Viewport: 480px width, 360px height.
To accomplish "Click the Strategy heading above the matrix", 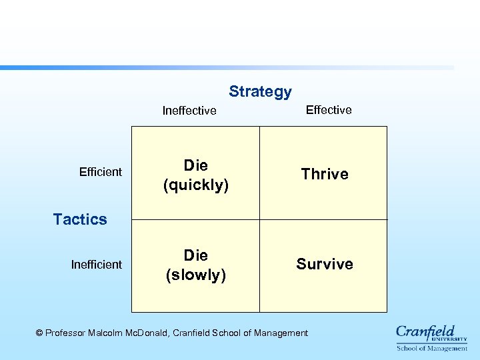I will [x=260, y=92].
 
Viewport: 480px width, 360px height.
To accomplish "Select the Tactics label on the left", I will [x=80, y=219].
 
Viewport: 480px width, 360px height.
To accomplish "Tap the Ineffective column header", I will [x=189, y=111].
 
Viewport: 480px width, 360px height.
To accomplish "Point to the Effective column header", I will [x=329, y=110].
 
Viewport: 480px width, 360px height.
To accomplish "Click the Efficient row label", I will [x=101, y=172].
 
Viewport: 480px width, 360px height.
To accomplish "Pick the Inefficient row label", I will [x=97, y=265].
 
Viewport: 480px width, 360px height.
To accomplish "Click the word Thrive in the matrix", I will [x=325, y=174].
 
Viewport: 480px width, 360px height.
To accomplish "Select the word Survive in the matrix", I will [x=325, y=264].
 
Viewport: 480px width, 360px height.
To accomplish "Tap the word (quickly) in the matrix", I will [x=196, y=185].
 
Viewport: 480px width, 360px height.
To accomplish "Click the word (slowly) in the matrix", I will [x=196, y=275].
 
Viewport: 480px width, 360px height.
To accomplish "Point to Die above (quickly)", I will [x=196, y=165].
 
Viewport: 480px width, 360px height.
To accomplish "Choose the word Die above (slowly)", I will [x=196, y=255].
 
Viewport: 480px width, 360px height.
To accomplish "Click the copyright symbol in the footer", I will [x=39, y=333].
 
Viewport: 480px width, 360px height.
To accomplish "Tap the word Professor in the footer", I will [x=66, y=333].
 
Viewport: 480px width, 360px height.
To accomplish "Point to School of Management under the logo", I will [x=432, y=348].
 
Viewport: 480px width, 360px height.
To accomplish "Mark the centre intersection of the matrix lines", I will [x=259, y=219].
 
